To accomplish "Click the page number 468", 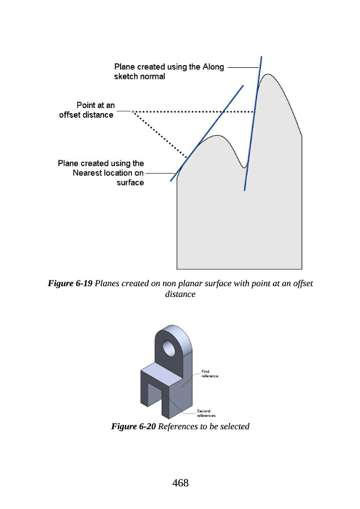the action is click(x=181, y=483).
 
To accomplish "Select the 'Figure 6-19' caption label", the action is click(x=70, y=283).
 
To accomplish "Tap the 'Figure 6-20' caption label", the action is click(x=133, y=426).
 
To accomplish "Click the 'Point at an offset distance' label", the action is click(x=87, y=110).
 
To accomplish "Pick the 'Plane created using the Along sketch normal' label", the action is click(x=169, y=71).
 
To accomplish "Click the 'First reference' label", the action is click(x=209, y=374).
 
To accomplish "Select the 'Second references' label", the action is click(x=206, y=413).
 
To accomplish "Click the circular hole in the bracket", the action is click(x=169, y=348).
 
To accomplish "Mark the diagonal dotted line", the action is click(x=160, y=135).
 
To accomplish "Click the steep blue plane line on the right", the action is click(x=253, y=123).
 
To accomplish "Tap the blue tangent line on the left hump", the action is click(x=207, y=133).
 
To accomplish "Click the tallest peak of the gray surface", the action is click(x=268, y=74).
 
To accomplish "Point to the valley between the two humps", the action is click(x=245, y=167).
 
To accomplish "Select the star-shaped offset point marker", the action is click(x=133, y=111).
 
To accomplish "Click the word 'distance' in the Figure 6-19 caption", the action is click(x=180, y=294).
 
